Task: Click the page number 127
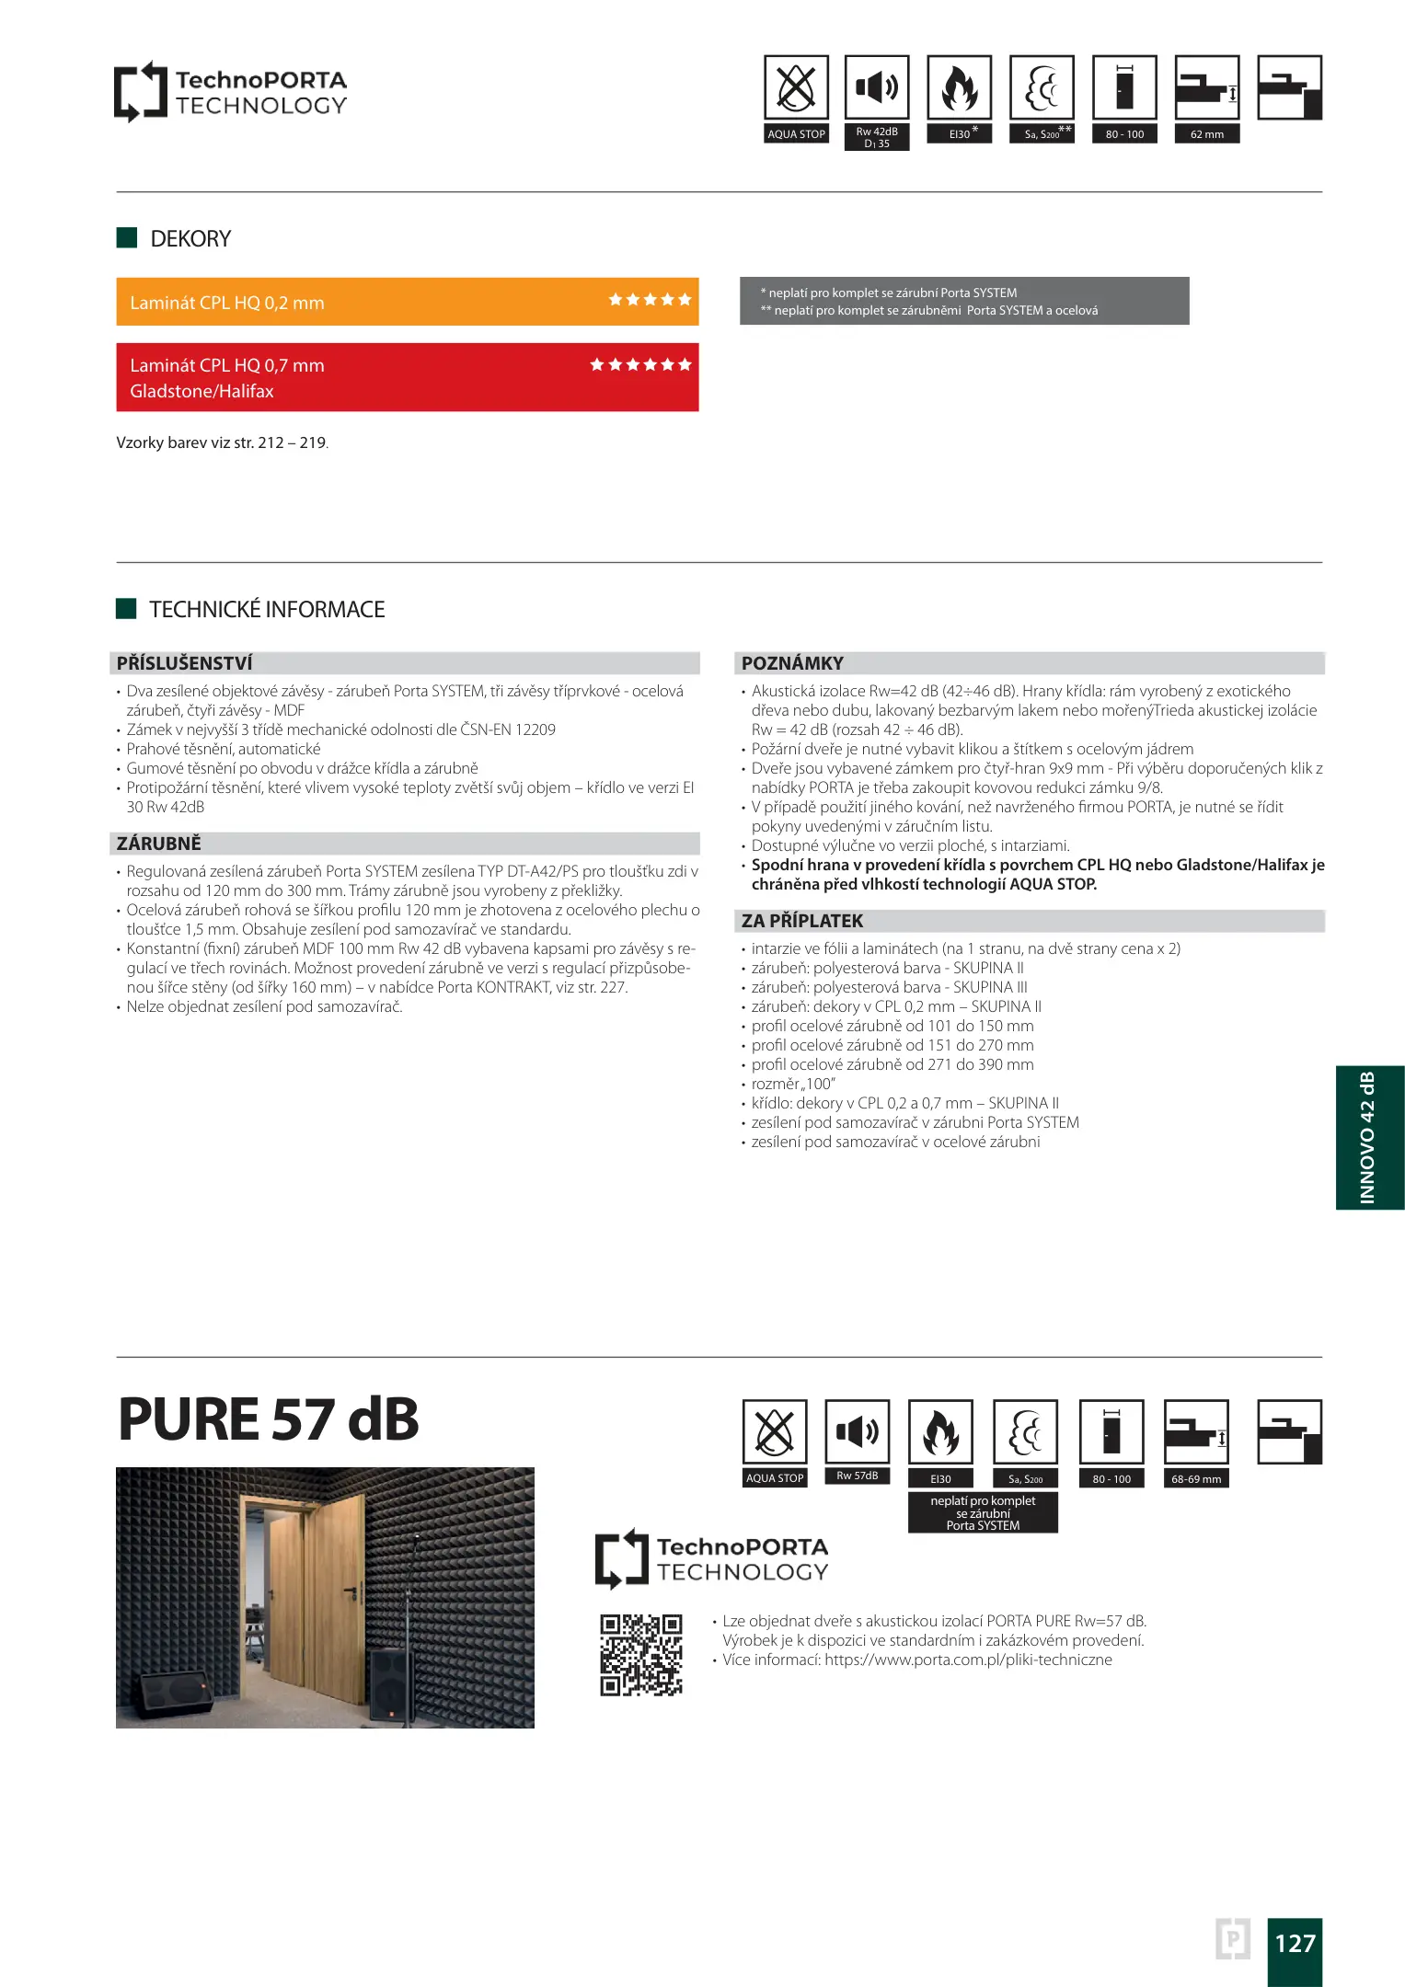tap(1294, 1943)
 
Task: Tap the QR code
tap(641, 1654)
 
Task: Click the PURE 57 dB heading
tap(269, 1419)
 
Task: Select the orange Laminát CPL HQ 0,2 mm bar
tap(407, 302)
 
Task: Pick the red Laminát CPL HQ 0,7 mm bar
tap(407, 377)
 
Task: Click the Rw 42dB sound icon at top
tap(876, 87)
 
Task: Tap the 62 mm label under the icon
tap(1206, 134)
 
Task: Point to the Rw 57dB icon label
tap(857, 1476)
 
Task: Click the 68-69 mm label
tap(1195, 1479)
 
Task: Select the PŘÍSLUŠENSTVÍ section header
tap(185, 663)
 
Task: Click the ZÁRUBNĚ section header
tap(159, 844)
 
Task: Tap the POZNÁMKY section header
tap(792, 663)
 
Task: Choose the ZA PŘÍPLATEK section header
tap(802, 921)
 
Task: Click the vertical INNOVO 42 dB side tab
tap(1369, 1137)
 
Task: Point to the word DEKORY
tap(190, 239)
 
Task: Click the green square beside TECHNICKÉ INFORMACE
tap(126, 609)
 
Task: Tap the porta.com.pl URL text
tap(968, 1660)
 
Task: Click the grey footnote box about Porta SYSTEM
tap(963, 301)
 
